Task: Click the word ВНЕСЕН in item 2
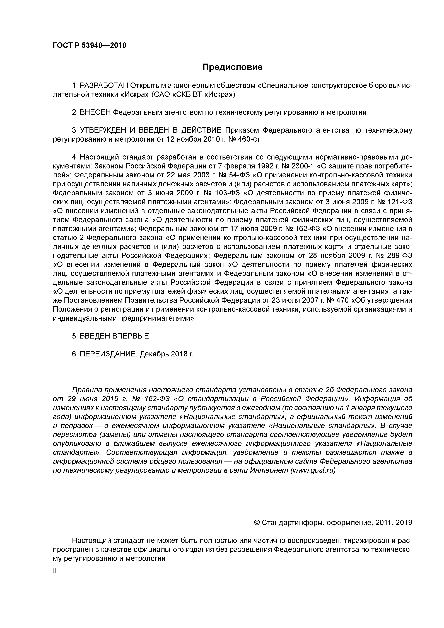[95, 112]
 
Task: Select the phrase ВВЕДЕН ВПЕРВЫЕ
[114, 336]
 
